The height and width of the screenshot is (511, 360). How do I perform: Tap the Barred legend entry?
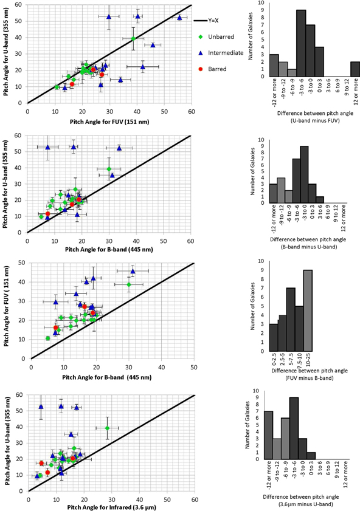point(216,69)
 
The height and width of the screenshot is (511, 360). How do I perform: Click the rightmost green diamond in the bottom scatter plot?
point(107,428)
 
